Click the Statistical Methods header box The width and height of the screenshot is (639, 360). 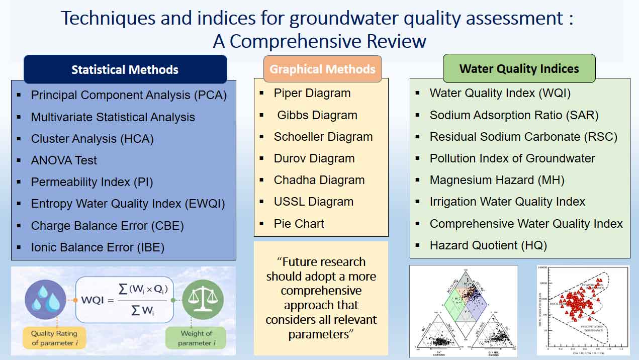pyautogui.click(x=125, y=69)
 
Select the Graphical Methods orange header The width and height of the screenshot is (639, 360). pyautogui.click(x=322, y=69)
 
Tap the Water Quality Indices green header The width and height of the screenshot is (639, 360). pyautogui.click(x=519, y=68)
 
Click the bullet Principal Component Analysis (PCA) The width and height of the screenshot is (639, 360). pyautogui.click(x=129, y=95)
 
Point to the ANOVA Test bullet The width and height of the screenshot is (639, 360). pyautogui.click(x=64, y=160)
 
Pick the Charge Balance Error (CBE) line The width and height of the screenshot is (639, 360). pyautogui.click(x=107, y=226)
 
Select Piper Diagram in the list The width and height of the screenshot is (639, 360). pyautogui.click(x=312, y=93)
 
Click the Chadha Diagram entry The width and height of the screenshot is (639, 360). pyautogui.click(x=319, y=180)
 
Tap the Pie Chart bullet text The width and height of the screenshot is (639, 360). pyautogui.click(x=299, y=224)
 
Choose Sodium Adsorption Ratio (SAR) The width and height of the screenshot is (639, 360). pyautogui.click(x=514, y=115)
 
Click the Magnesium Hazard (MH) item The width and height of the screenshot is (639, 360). pyautogui.click(x=497, y=180)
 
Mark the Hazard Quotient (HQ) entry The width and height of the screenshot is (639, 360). pyautogui.click(x=488, y=245)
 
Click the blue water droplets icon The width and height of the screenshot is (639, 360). pyautogui.click(x=46, y=300)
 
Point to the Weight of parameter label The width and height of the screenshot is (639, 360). pyautogui.click(x=196, y=338)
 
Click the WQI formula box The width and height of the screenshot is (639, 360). pyautogui.click(x=124, y=300)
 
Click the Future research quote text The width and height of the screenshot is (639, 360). pyautogui.click(x=321, y=298)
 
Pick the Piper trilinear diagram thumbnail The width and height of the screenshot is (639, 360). pyautogui.click(x=463, y=310)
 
